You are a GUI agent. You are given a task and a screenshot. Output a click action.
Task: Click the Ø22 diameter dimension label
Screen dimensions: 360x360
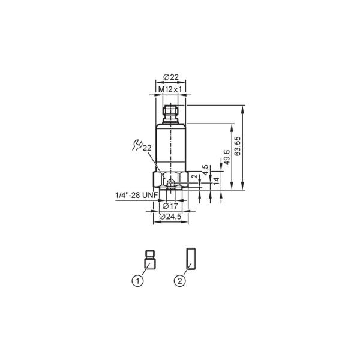pyautogui.click(x=171, y=77)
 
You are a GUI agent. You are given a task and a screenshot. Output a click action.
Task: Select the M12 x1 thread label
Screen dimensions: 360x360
pyautogui.click(x=170, y=89)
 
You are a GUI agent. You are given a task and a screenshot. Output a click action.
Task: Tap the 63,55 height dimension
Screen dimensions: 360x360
pyautogui.click(x=238, y=146)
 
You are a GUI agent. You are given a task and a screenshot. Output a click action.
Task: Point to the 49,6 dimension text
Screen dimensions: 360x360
pyautogui.click(x=227, y=157)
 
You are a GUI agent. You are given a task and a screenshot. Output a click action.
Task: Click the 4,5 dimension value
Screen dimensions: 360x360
pyautogui.click(x=205, y=170)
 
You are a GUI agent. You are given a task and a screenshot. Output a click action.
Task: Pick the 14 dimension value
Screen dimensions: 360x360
pyautogui.click(x=216, y=181)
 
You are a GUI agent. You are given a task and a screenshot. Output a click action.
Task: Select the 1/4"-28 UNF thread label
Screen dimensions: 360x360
pyautogui.click(x=137, y=195)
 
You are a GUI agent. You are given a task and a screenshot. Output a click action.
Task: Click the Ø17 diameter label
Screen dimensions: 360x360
pyautogui.click(x=170, y=206)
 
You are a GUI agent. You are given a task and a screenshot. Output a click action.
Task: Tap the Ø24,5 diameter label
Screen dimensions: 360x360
pyautogui.click(x=170, y=216)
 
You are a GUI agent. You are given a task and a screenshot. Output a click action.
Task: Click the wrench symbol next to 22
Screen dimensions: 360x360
pyautogui.click(x=137, y=145)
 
